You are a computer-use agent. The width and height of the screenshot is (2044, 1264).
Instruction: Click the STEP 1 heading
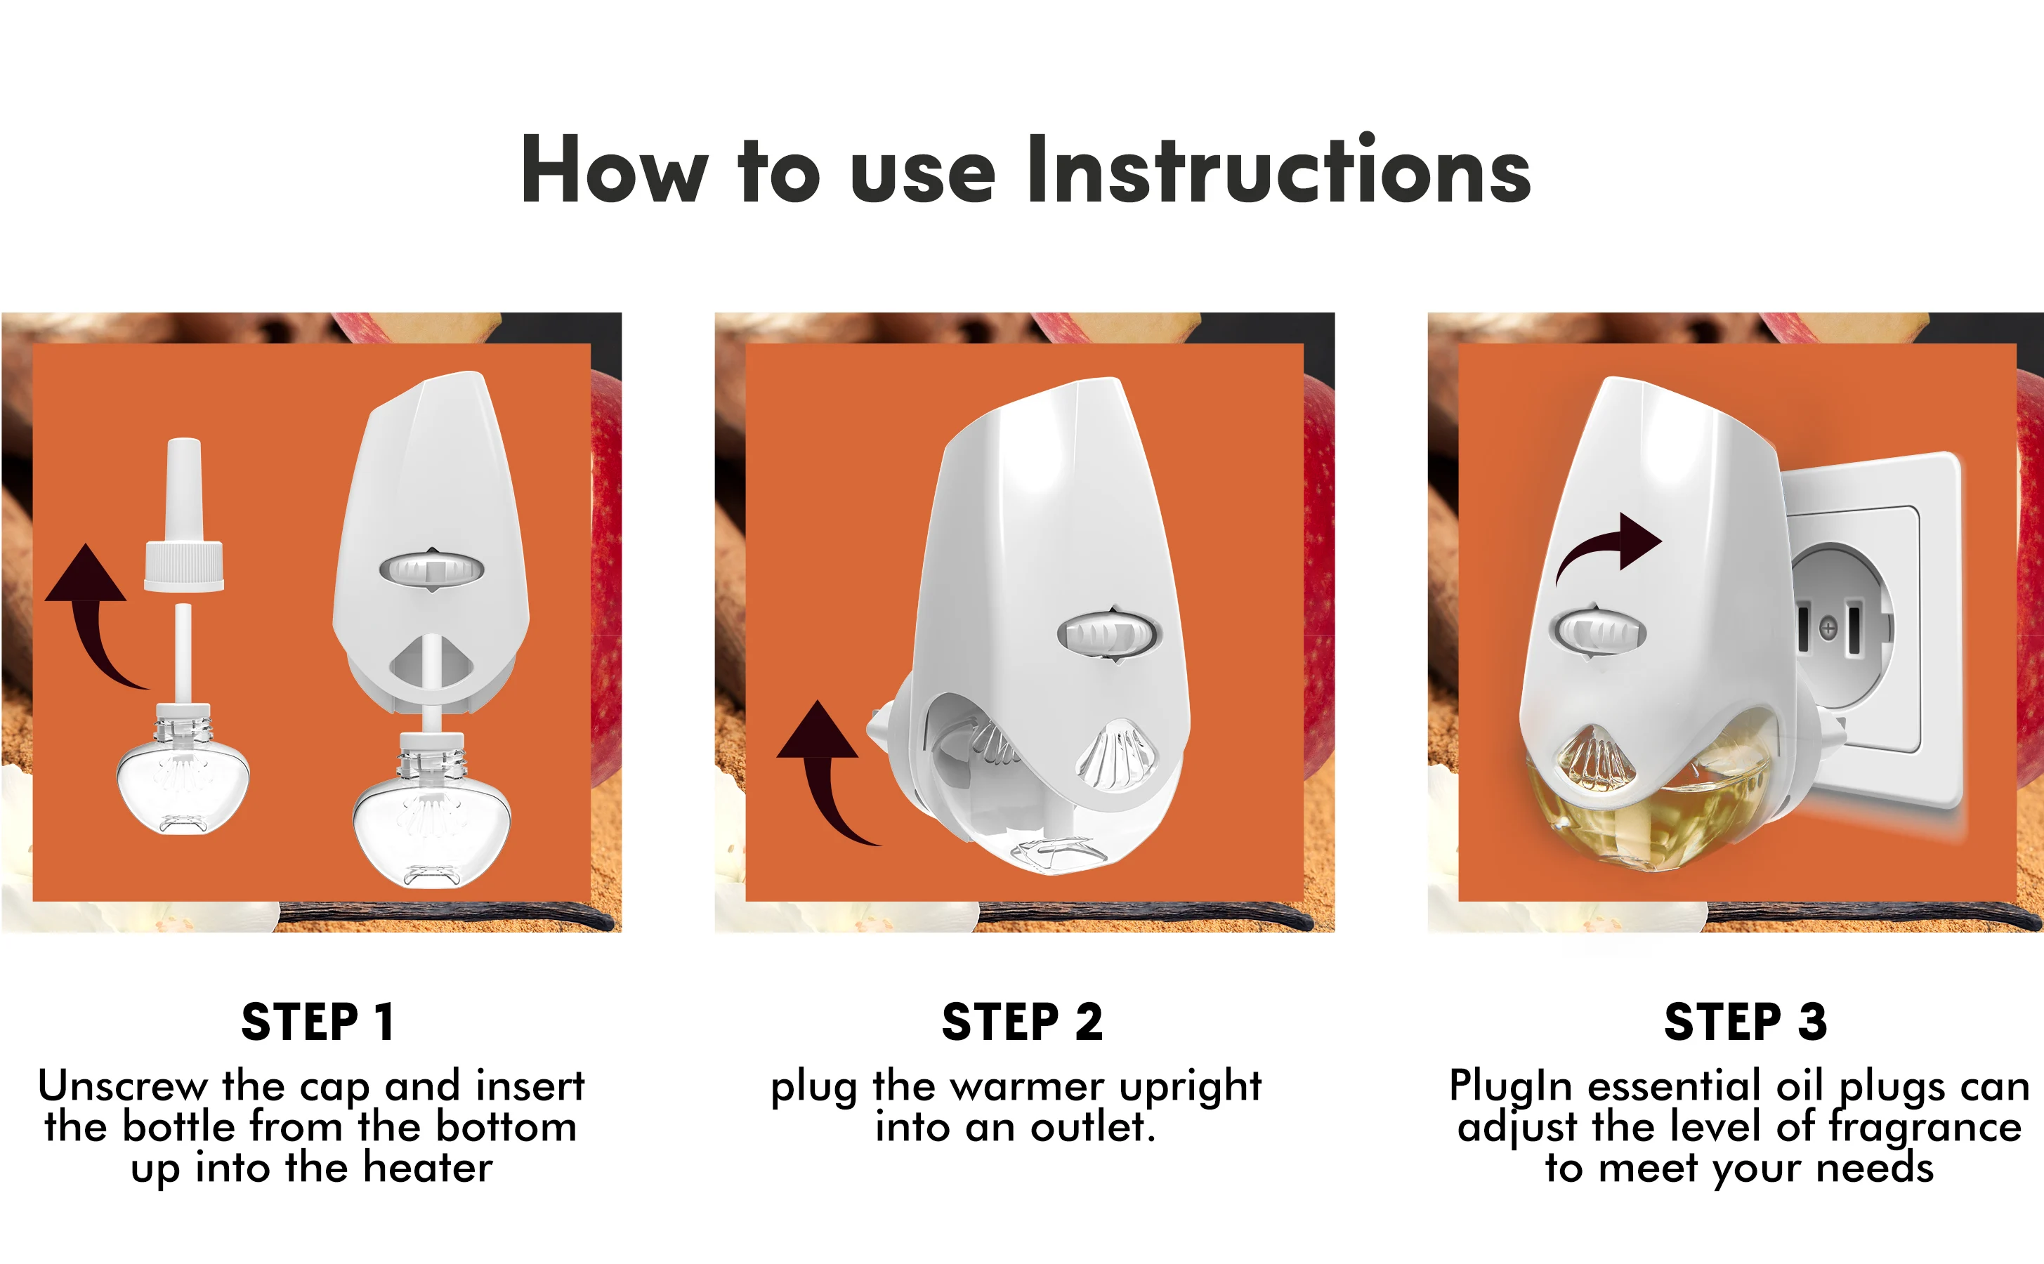click(x=317, y=1022)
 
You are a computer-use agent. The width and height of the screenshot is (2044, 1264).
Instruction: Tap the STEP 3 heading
click(x=1745, y=1022)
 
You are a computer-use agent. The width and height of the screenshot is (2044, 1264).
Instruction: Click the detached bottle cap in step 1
click(x=184, y=515)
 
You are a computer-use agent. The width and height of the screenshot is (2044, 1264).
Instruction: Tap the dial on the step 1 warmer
click(x=431, y=570)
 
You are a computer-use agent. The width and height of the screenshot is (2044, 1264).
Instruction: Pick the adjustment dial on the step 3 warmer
click(x=1597, y=631)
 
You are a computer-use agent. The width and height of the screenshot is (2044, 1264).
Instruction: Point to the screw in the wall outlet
click(x=1828, y=627)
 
